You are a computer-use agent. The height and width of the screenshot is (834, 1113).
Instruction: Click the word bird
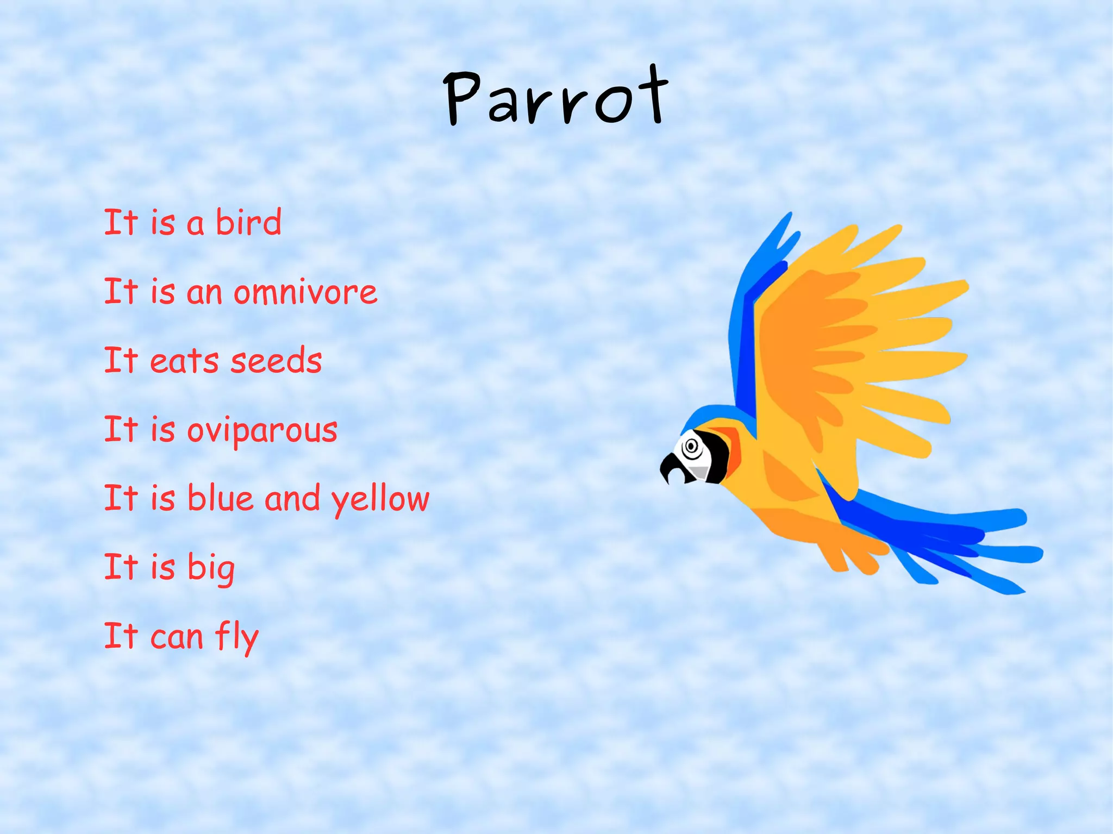tap(248, 222)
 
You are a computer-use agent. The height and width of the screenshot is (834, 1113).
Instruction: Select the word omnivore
tap(305, 292)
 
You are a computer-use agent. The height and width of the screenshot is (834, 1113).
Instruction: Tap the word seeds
tap(276, 360)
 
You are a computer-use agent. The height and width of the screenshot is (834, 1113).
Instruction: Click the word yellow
tap(380, 499)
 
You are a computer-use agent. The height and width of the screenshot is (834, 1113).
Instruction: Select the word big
tap(211, 568)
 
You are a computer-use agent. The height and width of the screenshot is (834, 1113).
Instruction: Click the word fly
tap(237, 637)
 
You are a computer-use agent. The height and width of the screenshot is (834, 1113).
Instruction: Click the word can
tap(176, 637)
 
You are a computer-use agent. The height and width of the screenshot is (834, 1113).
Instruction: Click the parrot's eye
tap(691, 447)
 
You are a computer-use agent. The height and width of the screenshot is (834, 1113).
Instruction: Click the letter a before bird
tap(195, 224)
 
